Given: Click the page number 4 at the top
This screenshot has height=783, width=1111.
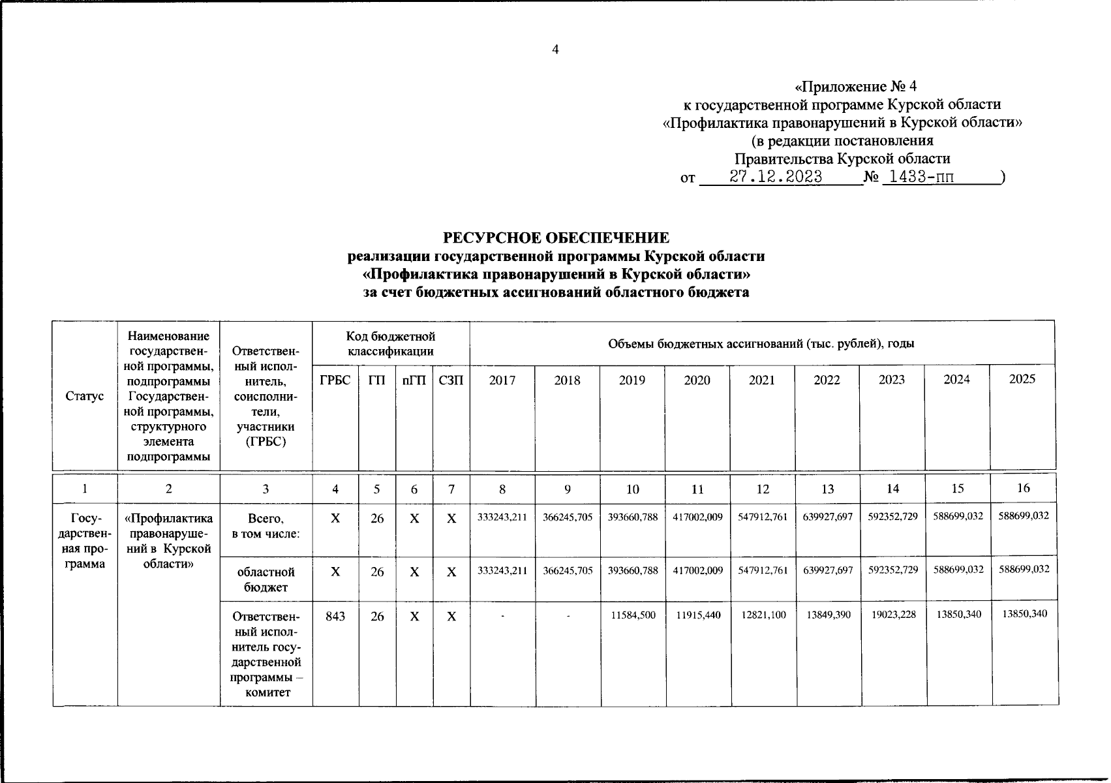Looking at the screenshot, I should click(555, 50).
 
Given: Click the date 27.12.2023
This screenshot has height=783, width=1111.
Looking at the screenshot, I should click(776, 177).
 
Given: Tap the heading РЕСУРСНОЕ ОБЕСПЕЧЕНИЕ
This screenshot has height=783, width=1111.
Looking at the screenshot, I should click(556, 238).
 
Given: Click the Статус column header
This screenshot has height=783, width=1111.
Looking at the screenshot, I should click(85, 396).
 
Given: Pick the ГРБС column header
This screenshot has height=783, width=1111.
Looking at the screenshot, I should click(335, 380).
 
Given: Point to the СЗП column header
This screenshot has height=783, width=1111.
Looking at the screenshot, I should click(451, 380).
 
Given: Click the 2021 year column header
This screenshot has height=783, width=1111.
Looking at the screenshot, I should click(761, 380).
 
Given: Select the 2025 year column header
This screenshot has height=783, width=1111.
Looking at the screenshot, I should click(1022, 379).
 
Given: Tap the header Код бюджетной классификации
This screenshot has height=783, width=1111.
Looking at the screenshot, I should click(390, 344).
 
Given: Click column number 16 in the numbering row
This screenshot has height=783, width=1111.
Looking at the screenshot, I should click(1023, 488).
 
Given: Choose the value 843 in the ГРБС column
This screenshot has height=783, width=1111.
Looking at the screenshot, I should click(335, 615).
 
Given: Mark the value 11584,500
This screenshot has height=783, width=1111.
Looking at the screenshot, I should click(632, 615).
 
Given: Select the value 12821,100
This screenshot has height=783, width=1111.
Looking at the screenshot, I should click(762, 615).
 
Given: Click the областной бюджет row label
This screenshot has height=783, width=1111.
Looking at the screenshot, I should click(266, 579).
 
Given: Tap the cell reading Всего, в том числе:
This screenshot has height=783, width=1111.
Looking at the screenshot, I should click(266, 526).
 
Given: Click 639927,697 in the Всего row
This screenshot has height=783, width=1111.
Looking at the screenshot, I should click(827, 517).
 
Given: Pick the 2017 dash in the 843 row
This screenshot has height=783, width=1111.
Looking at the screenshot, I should click(502, 615).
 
